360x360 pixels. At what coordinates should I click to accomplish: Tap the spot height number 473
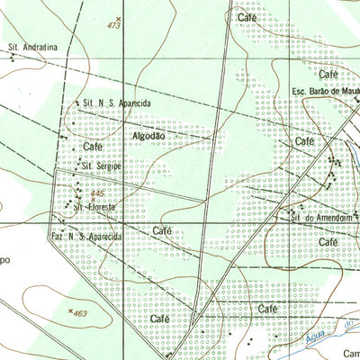[112, 26]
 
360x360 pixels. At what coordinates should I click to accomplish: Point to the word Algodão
[148, 135]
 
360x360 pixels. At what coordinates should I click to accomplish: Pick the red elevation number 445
[97, 193]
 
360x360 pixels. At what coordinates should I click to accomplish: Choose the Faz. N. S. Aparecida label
[85, 236]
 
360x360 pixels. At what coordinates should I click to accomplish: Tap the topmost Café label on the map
[248, 17]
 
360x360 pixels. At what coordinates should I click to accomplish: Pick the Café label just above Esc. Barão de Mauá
[328, 73]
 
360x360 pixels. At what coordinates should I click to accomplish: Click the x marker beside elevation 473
[117, 17]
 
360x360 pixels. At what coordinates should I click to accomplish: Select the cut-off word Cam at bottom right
[350, 353]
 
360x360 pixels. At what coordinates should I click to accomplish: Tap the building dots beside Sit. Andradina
[13, 57]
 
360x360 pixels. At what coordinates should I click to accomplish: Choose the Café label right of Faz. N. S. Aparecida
[162, 230]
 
